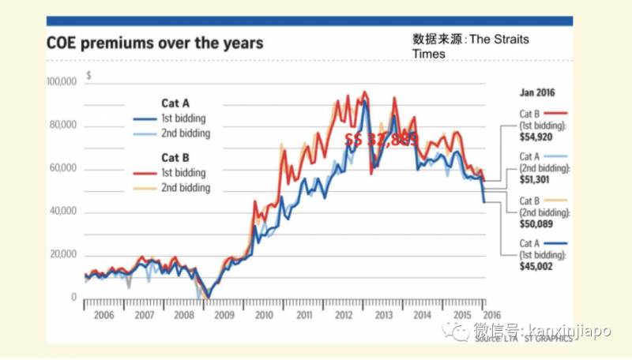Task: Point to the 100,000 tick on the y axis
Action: pyautogui.click(x=61, y=82)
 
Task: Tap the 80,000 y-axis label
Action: pyautogui.click(x=62, y=126)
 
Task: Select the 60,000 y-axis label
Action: pyautogui.click(x=62, y=169)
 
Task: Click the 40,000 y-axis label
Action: pyautogui.click(x=62, y=212)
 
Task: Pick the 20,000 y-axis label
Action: pyautogui.click(x=62, y=255)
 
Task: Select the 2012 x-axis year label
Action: pyautogui.click(x=344, y=314)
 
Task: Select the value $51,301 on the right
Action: pyautogui.click(x=537, y=179)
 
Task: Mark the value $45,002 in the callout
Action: pyautogui.click(x=537, y=266)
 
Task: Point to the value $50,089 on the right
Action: pyautogui.click(x=537, y=223)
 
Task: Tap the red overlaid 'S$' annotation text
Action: pyautogui.click(x=354, y=139)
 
